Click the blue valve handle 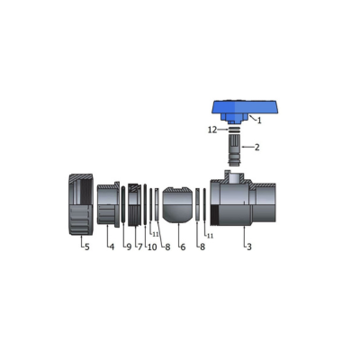244,111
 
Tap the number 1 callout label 259,121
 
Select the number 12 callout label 212,130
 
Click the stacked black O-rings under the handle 234,130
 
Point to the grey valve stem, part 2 234,150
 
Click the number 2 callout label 256,148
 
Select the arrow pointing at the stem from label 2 247,147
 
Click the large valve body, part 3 243,202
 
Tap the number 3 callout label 248,247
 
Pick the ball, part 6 178,206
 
